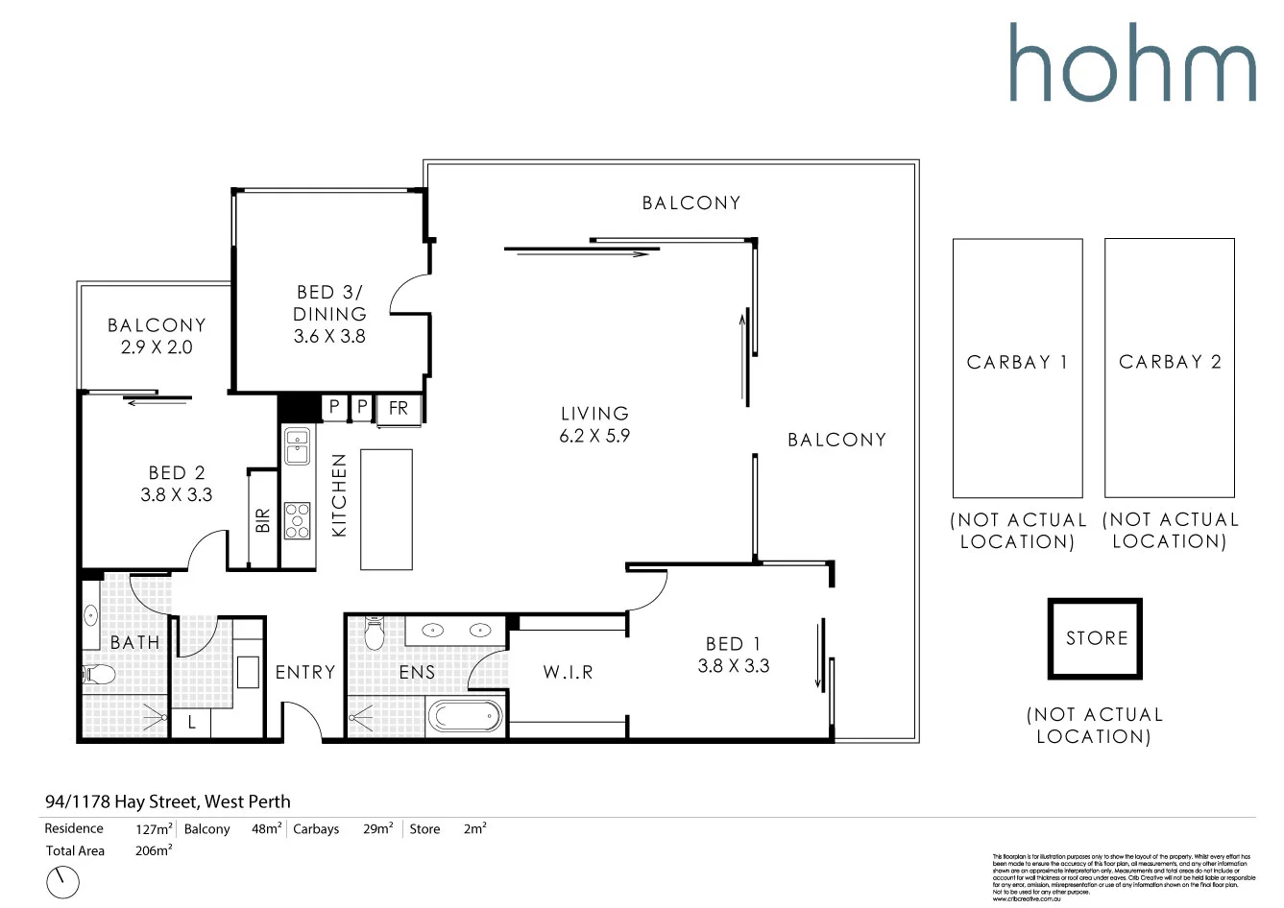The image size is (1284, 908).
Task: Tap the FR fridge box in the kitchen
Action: [x=398, y=409]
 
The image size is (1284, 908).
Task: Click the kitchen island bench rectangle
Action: [x=386, y=509]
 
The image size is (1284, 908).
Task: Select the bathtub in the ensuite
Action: [x=465, y=716]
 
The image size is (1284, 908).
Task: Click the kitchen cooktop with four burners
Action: [x=297, y=520]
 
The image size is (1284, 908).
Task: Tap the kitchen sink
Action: [x=297, y=446]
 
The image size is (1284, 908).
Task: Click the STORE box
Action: [x=1095, y=638]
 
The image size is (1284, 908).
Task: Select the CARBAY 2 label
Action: [x=1170, y=362]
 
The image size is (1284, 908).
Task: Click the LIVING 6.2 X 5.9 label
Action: [x=594, y=424]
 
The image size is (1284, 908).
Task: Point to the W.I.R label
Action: [x=568, y=672]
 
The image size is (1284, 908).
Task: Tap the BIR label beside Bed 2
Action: [x=263, y=520]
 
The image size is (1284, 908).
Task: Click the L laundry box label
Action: [x=191, y=723]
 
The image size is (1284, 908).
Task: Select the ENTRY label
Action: [x=305, y=672]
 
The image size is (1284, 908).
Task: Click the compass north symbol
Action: [x=62, y=881]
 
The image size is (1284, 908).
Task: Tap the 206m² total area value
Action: [x=154, y=850]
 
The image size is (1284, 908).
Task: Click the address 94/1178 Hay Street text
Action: [x=167, y=801]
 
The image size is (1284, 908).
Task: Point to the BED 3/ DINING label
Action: [x=329, y=313]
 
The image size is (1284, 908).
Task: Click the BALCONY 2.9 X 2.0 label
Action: [x=157, y=336]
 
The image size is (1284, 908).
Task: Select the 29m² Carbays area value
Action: [x=377, y=828]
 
